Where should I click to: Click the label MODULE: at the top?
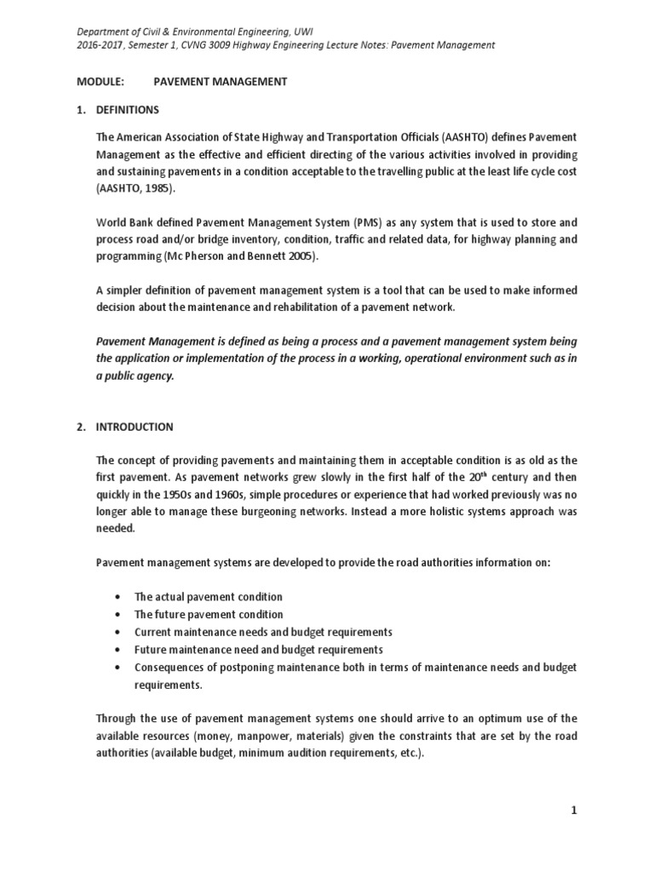pyautogui.click(x=100, y=82)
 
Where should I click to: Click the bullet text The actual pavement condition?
pyautogui.click(x=209, y=597)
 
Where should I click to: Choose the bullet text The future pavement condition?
pyautogui.click(x=209, y=614)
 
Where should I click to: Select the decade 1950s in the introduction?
pyautogui.click(x=187, y=495)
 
